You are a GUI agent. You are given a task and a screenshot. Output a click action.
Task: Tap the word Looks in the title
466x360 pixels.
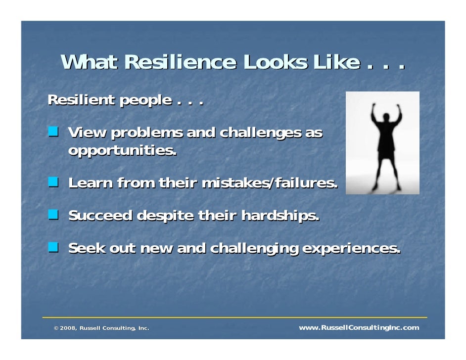click(x=274, y=63)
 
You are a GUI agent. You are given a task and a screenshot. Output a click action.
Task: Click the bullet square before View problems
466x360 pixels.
click(x=53, y=132)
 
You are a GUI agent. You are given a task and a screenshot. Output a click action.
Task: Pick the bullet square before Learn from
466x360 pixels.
click(x=53, y=182)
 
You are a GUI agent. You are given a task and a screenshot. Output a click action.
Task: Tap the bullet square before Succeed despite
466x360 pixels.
click(x=53, y=215)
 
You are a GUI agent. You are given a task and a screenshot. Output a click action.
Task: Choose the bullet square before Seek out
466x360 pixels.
click(x=53, y=246)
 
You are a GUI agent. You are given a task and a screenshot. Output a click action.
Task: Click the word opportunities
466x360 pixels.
click(x=122, y=150)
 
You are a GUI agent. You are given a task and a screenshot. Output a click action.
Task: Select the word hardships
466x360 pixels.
click(x=280, y=216)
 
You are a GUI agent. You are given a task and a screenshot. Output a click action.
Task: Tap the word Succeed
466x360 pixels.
click(x=100, y=216)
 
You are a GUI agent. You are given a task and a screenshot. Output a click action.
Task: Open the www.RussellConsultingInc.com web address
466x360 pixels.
click(x=359, y=328)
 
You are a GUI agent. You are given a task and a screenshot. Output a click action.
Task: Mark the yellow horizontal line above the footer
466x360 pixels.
click(x=234, y=317)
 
